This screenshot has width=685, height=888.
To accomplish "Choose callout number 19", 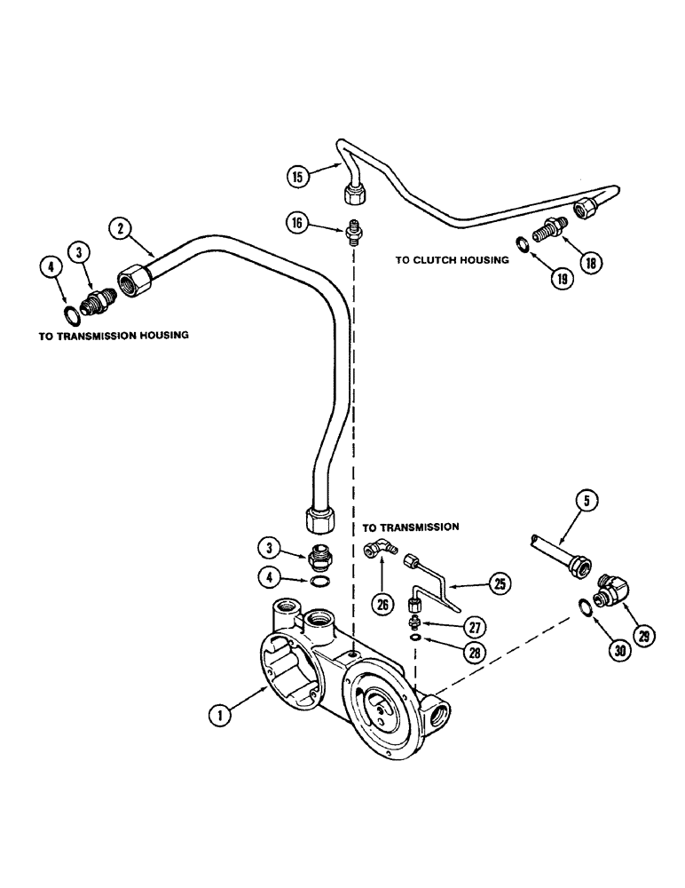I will [x=561, y=276].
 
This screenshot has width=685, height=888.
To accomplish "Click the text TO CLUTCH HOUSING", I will [x=452, y=260].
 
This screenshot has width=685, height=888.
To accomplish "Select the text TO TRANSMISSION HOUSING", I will [x=114, y=337].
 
